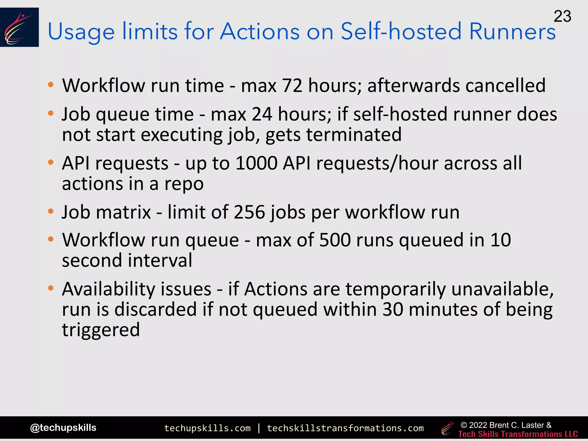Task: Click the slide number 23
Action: [562, 16]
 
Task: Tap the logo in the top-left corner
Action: [19, 27]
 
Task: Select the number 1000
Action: [256, 163]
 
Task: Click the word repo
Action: [184, 184]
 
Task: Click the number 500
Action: [335, 240]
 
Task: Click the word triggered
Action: [101, 330]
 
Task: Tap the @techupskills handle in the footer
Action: [63, 428]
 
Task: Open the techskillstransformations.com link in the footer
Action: [345, 428]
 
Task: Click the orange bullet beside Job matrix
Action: [51, 212]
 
